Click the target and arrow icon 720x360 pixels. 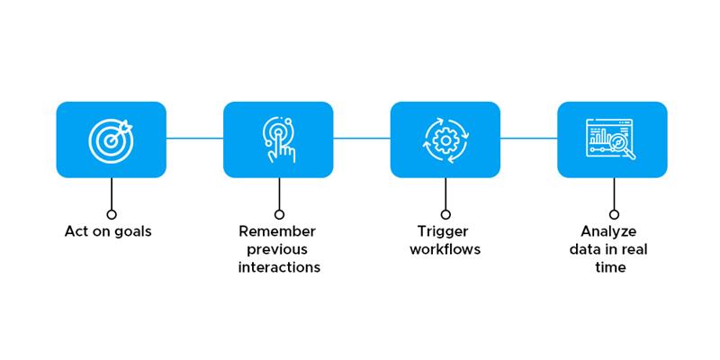(x=111, y=140)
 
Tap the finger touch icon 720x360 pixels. (x=278, y=140)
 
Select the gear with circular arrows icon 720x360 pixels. (x=445, y=140)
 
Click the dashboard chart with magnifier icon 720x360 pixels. (x=611, y=139)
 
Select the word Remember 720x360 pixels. (x=277, y=231)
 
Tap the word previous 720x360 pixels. (x=277, y=250)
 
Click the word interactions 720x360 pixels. (x=279, y=267)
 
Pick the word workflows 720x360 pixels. (x=445, y=249)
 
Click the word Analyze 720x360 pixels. (x=608, y=232)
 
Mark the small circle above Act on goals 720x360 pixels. (x=111, y=214)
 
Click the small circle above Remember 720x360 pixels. (x=279, y=214)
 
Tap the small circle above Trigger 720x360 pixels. (x=445, y=214)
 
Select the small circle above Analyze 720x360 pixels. (x=614, y=214)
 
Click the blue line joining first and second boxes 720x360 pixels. (x=194, y=138)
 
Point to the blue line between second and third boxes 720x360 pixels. (x=362, y=138)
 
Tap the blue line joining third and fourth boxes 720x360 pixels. (x=529, y=138)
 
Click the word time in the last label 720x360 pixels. (x=610, y=267)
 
